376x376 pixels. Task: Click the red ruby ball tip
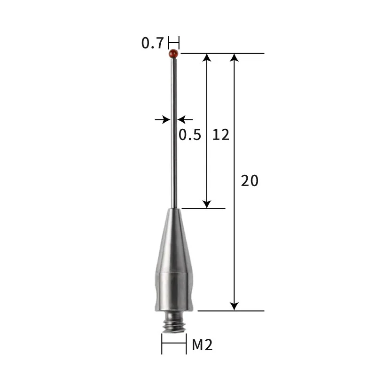(174, 54)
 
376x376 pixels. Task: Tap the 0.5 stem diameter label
(190, 135)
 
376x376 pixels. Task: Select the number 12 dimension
(220, 135)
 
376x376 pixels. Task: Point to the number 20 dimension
(250, 180)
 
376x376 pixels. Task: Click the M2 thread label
(203, 345)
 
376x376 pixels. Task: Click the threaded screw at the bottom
(174, 324)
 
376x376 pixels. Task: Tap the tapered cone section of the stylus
(174, 240)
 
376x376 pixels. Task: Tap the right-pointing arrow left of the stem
(166, 119)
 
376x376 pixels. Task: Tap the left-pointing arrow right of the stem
(183, 119)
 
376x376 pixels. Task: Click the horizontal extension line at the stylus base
(230, 311)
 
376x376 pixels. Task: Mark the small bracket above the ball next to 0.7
(174, 42)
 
